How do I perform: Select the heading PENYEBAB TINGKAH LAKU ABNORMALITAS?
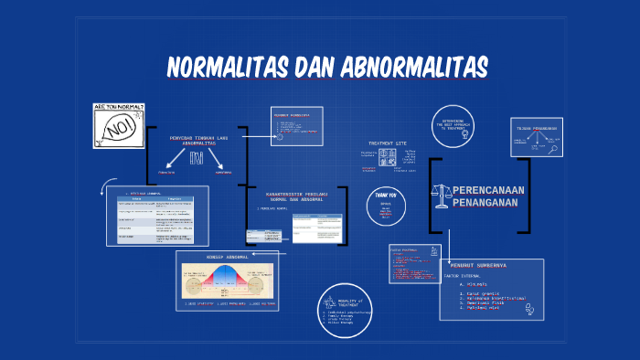click(x=198, y=141)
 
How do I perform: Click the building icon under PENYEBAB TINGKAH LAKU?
click(x=197, y=158)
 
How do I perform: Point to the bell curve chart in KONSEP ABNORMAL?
click(x=227, y=280)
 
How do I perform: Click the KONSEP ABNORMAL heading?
click(x=227, y=258)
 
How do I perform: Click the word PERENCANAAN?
click(x=490, y=190)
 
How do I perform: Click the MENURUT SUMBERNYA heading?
click(x=478, y=265)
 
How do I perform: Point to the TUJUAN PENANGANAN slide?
click(x=536, y=136)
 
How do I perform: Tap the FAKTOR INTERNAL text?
click(x=463, y=275)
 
